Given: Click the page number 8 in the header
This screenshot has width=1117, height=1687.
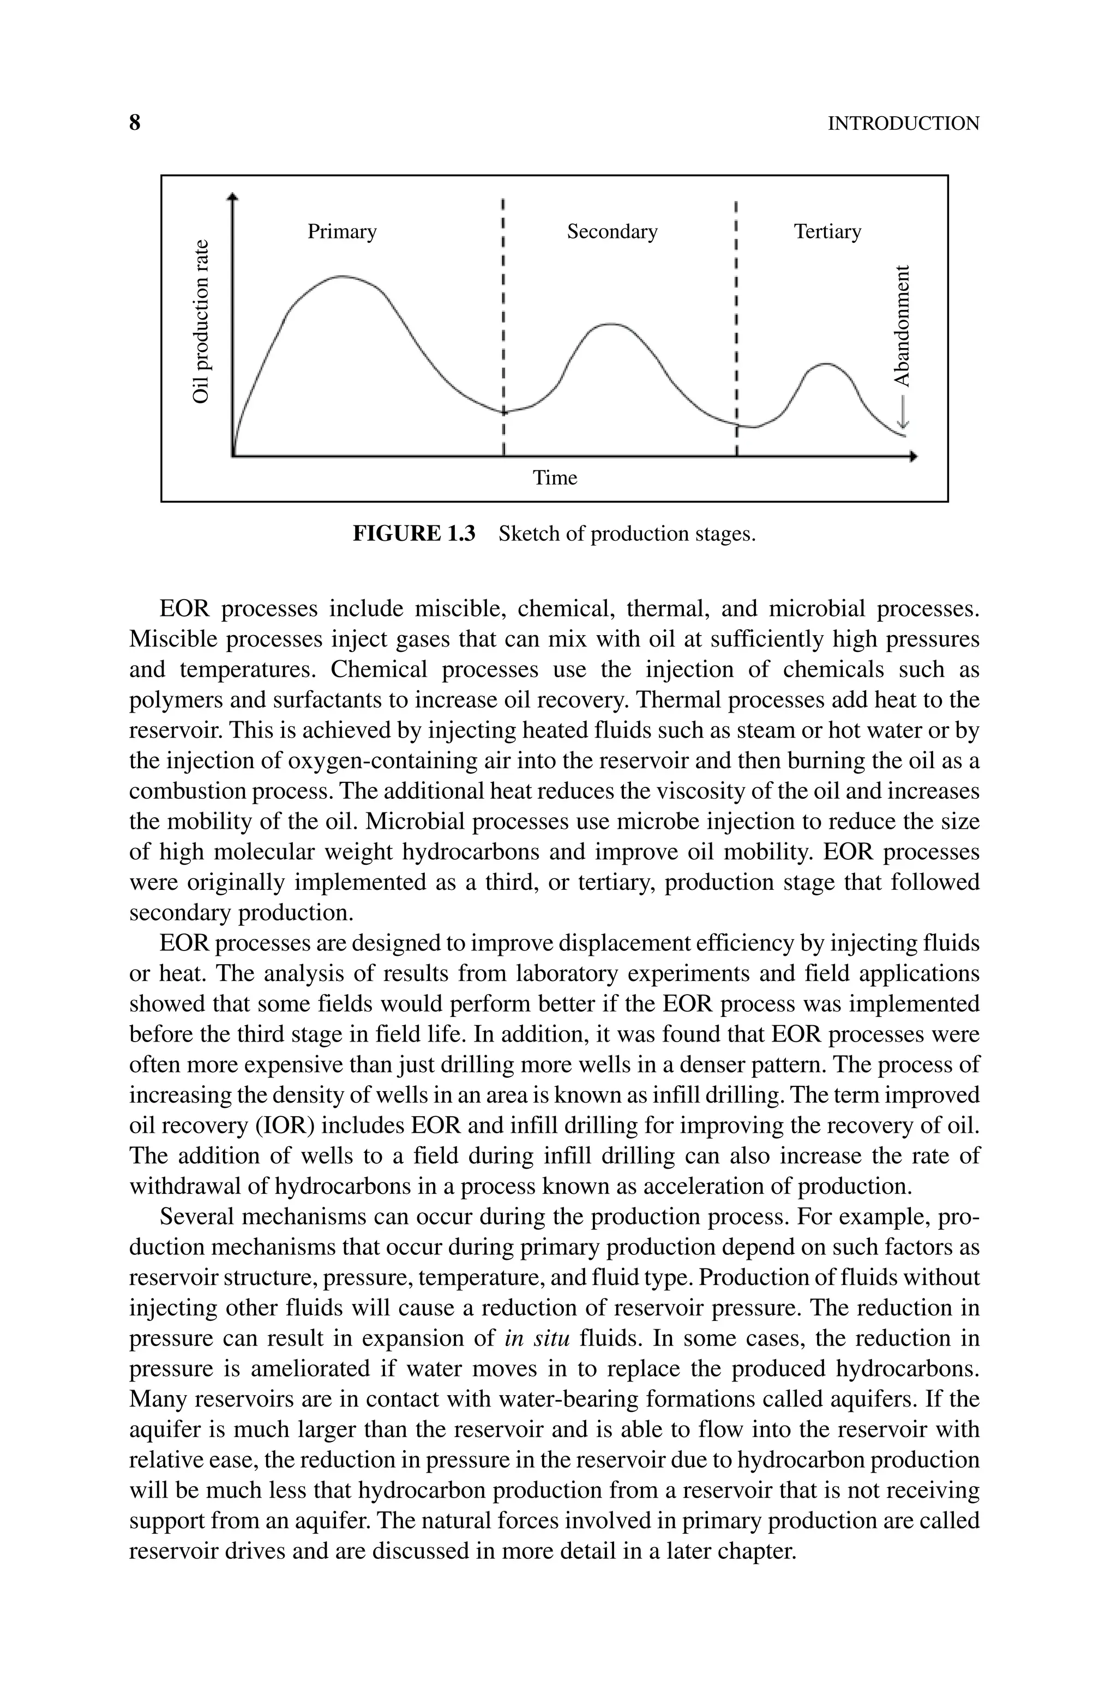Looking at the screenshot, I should [135, 123].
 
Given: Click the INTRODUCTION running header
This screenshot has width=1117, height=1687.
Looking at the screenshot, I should [903, 124].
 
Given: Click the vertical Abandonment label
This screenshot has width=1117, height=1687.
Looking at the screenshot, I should [902, 325].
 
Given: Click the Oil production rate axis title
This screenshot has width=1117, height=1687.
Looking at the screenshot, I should [202, 321].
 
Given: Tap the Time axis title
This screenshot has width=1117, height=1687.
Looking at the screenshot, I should [555, 478].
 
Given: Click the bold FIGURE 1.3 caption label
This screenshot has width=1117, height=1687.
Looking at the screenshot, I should [414, 534].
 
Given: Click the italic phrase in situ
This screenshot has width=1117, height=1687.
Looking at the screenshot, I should [537, 1338].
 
